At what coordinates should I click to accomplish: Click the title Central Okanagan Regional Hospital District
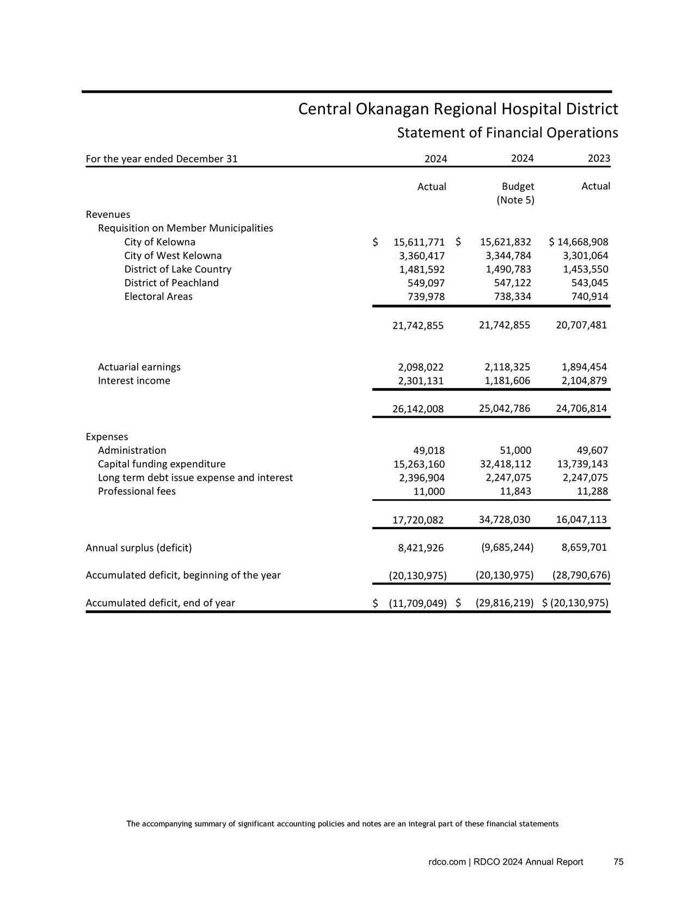click(458, 110)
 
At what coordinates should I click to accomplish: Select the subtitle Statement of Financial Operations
click(507, 133)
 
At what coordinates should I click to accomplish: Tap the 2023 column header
click(599, 159)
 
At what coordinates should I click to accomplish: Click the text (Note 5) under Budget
click(515, 200)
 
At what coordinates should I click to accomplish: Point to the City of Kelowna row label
click(159, 242)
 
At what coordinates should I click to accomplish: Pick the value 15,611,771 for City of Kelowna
click(419, 242)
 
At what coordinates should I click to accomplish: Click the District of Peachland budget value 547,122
click(508, 283)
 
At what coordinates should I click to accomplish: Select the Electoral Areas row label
click(158, 296)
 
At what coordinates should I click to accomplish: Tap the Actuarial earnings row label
click(139, 367)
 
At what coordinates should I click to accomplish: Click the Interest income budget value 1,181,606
click(507, 381)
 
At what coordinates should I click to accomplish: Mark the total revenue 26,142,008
click(418, 409)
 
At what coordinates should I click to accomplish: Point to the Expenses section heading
click(107, 436)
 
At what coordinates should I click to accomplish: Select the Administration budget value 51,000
click(515, 450)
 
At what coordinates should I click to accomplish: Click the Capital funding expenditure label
click(161, 464)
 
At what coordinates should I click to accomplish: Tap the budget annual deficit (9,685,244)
click(507, 547)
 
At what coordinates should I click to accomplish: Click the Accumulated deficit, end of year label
click(160, 603)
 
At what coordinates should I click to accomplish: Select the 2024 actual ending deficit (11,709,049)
click(417, 603)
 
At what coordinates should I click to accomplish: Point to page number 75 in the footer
click(618, 861)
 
